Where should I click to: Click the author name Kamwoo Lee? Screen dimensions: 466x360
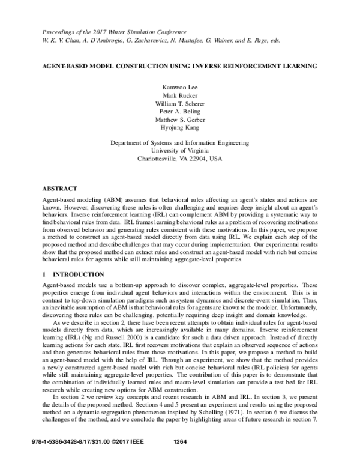tap(180, 86)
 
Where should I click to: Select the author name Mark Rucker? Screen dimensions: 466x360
tap(180, 95)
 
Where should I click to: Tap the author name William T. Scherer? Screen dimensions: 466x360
tap(180, 104)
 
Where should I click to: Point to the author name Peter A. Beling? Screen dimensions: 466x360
tap(180, 112)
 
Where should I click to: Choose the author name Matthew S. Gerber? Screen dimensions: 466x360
tap(180, 121)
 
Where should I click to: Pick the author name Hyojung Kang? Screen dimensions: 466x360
tap(180, 129)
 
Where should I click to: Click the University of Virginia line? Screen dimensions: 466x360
tap(180, 151)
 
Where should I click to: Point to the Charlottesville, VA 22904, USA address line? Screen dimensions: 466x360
tap(180, 160)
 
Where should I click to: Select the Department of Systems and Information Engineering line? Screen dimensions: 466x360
tap(180, 143)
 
